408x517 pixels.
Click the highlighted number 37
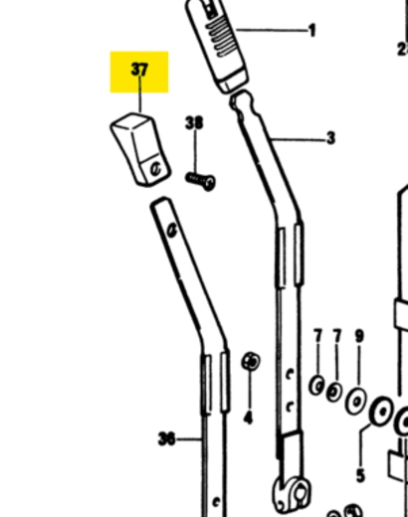[x=139, y=70]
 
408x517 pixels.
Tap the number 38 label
[x=194, y=123]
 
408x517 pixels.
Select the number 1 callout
[x=311, y=31]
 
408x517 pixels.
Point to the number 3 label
[x=330, y=138]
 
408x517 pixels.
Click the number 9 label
[x=359, y=336]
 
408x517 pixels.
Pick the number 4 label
[x=248, y=418]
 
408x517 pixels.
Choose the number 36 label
[x=166, y=439]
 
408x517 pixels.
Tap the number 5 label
[x=361, y=475]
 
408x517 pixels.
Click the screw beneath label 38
[x=200, y=181]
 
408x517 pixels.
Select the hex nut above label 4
[x=251, y=361]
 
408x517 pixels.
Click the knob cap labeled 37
[x=140, y=149]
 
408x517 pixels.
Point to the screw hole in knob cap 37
[x=155, y=169]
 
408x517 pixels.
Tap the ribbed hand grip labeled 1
[x=216, y=45]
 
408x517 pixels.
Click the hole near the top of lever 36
[x=172, y=230]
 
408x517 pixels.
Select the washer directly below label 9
[x=356, y=401]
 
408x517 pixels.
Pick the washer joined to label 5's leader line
[x=381, y=412]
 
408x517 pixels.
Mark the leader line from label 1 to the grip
[x=272, y=31]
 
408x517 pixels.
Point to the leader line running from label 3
[x=298, y=139]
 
